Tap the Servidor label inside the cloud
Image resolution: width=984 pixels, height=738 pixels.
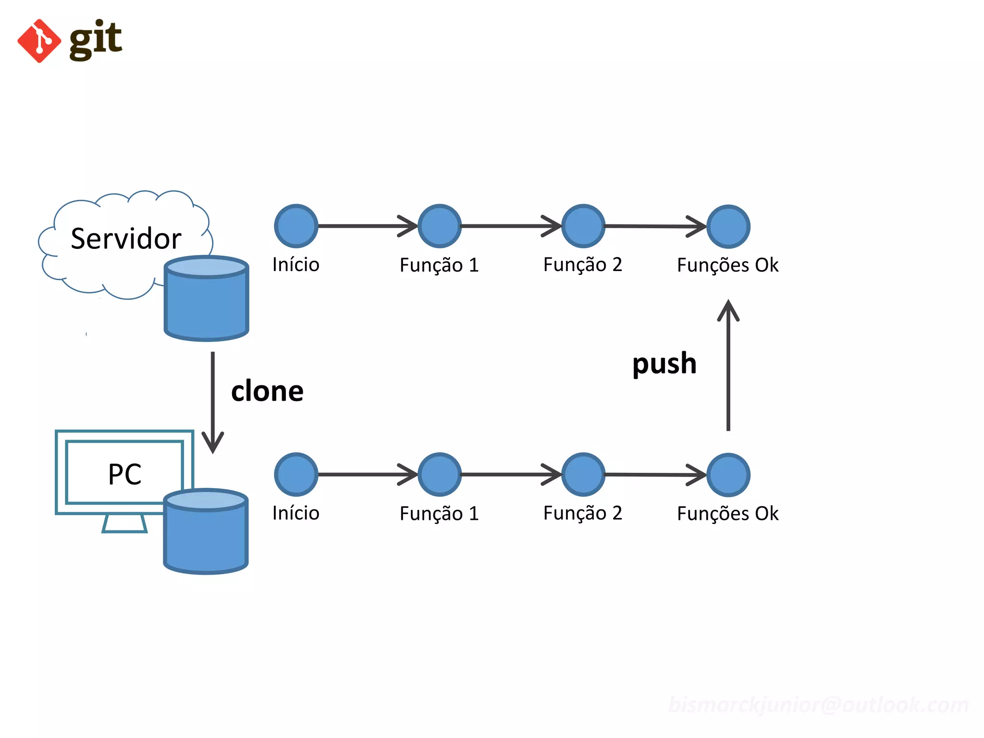point(126,238)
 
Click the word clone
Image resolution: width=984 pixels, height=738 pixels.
point(267,391)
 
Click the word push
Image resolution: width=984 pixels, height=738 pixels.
point(664,364)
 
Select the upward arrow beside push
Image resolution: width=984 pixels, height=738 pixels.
point(728,365)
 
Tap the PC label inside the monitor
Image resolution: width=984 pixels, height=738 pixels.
point(124,474)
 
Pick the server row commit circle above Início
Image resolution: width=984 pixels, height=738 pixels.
point(296,226)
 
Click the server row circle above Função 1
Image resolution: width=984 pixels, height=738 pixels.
point(440,226)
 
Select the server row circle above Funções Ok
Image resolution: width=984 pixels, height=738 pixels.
point(728,226)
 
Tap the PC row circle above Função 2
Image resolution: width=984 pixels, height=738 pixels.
point(583,474)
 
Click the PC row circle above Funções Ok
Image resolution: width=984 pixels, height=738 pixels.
point(728,475)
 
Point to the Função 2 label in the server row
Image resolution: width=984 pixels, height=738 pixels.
point(582,265)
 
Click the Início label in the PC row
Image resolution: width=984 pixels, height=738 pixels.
point(295,513)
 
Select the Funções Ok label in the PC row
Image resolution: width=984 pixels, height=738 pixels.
point(727,514)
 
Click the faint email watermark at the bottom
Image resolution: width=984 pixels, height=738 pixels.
point(818,705)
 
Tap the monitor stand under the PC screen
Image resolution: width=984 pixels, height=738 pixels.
point(124,523)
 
